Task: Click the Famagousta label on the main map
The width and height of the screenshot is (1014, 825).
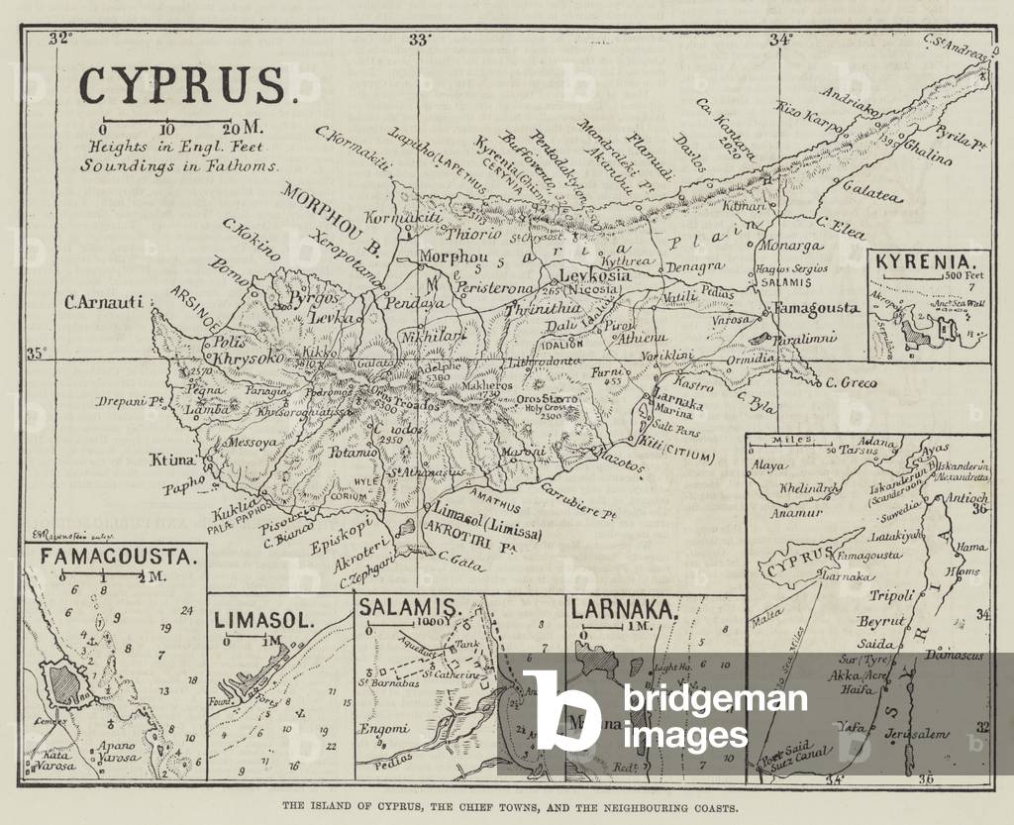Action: coord(816,308)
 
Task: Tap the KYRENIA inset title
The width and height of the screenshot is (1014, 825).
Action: coord(918,263)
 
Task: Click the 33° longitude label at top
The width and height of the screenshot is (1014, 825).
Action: coord(419,40)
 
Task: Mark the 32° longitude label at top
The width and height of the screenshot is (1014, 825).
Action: coord(62,40)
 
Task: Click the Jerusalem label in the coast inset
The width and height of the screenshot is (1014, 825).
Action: coord(917,732)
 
